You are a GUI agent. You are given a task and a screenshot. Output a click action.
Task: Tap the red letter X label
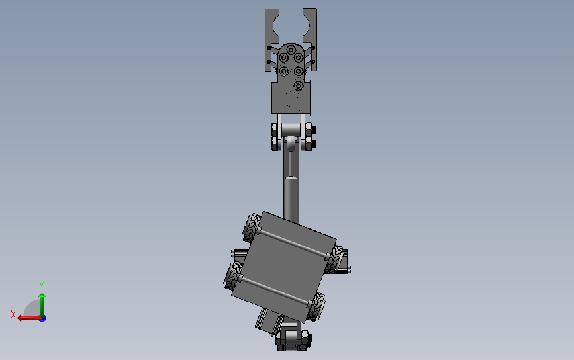[13, 314]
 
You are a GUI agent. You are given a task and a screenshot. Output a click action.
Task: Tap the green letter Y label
[41, 285]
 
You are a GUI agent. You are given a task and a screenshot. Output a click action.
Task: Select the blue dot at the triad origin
[42, 318]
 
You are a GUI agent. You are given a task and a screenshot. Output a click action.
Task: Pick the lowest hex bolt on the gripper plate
[299, 86]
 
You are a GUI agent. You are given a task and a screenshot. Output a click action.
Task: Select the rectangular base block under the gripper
[291, 99]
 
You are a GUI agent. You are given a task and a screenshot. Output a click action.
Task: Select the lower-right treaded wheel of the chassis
[318, 305]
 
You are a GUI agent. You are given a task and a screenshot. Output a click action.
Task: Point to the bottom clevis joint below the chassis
[291, 339]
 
